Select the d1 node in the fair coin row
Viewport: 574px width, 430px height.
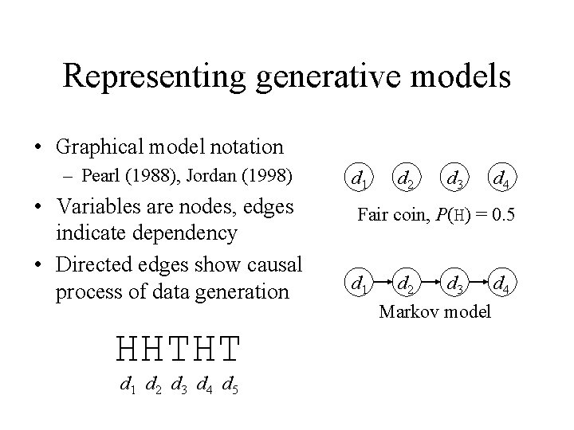point(358,178)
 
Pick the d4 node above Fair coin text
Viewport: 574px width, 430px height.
point(501,178)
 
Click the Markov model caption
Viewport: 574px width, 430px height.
point(434,311)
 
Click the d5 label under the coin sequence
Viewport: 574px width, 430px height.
point(229,388)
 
